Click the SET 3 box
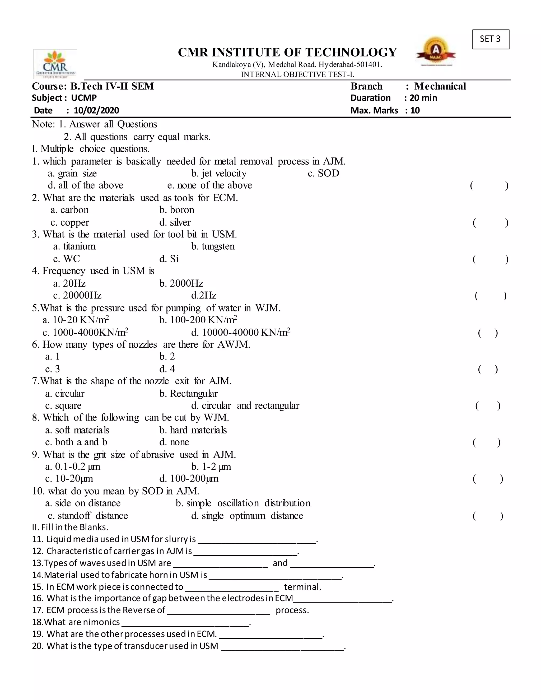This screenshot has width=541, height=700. tap(490, 39)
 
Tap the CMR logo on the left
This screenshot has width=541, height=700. tap(55, 63)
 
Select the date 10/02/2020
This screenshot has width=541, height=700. tap(96, 111)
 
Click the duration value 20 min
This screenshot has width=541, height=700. tap(423, 98)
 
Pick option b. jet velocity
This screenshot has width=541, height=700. tap(219, 173)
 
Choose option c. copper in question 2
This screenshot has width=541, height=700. tap(69, 222)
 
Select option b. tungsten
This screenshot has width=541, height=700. tap(213, 246)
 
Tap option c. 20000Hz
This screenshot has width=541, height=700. tap(77, 296)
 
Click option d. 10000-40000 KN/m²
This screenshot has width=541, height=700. tap(240, 332)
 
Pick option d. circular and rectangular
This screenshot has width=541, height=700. tap(245, 406)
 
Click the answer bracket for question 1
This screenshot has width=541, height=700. tap(489, 186)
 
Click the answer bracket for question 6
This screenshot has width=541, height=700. tap(487, 370)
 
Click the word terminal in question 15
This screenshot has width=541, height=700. tap(302, 587)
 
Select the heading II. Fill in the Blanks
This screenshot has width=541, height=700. tap(70, 527)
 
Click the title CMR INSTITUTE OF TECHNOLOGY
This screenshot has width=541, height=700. tap(287, 52)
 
